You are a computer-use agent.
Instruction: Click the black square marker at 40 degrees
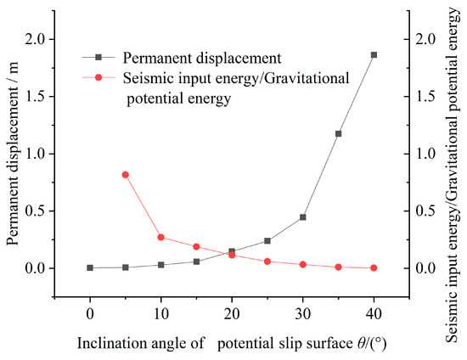(374, 55)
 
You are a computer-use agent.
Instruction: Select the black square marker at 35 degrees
(338, 133)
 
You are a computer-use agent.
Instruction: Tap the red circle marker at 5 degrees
(126, 175)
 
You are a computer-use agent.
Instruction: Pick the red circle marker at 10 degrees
(161, 238)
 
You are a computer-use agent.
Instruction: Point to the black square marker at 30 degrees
(302, 217)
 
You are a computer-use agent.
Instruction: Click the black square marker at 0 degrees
(90, 267)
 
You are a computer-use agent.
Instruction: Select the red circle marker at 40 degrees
(374, 268)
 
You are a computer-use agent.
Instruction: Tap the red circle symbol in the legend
(99, 78)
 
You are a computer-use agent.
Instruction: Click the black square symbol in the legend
(99, 58)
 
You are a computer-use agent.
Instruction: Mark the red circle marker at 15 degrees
(196, 247)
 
